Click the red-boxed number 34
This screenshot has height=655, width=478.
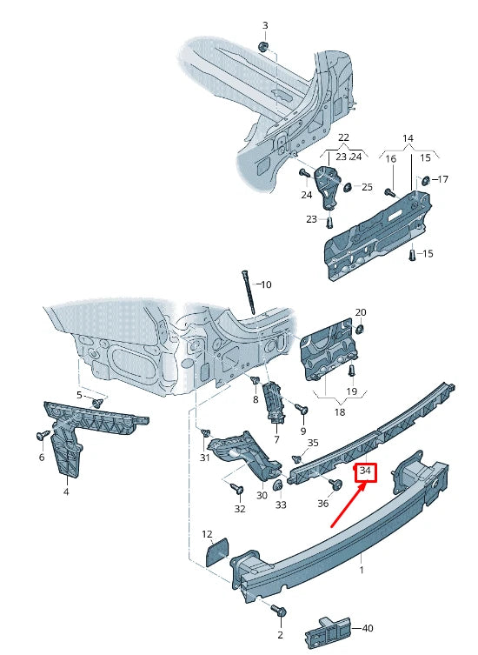pyautogui.click(x=365, y=472)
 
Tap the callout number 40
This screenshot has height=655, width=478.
pyautogui.click(x=368, y=627)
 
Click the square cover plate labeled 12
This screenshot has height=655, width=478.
pyautogui.click(x=214, y=552)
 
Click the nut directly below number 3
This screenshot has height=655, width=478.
pyautogui.click(x=265, y=45)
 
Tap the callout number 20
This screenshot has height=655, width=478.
pyautogui.click(x=361, y=312)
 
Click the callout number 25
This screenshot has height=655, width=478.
pyautogui.click(x=367, y=187)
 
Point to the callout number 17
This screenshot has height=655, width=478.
pyautogui.click(x=442, y=180)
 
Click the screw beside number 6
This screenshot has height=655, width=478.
pyautogui.click(x=40, y=435)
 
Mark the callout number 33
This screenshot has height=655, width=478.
pyautogui.click(x=281, y=505)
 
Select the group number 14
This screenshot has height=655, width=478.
pyautogui.click(x=408, y=138)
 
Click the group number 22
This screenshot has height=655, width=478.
pyautogui.click(x=343, y=138)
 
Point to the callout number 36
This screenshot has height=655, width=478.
pyautogui.click(x=322, y=503)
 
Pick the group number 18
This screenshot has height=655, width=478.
pyautogui.click(x=339, y=412)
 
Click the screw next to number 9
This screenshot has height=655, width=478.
pyautogui.click(x=303, y=408)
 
